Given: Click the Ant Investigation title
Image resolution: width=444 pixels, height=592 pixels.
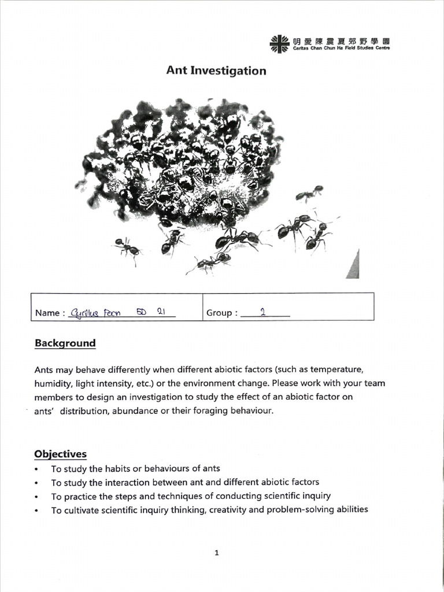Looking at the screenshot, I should click(x=216, y=71).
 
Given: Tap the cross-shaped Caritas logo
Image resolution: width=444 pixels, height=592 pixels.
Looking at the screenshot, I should click(x=279, y=43).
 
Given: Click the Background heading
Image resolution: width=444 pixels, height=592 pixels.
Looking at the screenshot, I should click(x=65, y=343).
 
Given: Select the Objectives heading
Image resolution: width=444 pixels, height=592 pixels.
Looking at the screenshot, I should click(x=60, y=454).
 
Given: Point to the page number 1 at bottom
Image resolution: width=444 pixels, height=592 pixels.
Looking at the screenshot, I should click(x=216, y=553).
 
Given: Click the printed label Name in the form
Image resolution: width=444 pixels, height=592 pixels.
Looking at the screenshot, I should click(x=47, y=313).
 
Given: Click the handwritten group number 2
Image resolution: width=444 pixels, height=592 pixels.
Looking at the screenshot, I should click(x=262, y=312).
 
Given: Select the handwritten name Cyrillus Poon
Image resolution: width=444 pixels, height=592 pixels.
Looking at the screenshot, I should click(x=93, y=312).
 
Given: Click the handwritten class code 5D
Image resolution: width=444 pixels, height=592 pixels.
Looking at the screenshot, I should click(x=141, y=311).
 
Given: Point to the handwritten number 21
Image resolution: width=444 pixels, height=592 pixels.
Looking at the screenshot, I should click(x=162, y=311).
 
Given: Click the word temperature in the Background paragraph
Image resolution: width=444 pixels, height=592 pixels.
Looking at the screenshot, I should click(x=336, y=369).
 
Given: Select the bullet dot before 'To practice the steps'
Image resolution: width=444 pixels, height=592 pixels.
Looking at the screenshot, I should click(x=38, y=497).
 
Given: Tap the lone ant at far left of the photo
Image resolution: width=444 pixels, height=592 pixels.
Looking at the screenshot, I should click(x=127, y=248).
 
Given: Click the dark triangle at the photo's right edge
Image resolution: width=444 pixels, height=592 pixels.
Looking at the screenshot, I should click(x=353, y=267).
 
